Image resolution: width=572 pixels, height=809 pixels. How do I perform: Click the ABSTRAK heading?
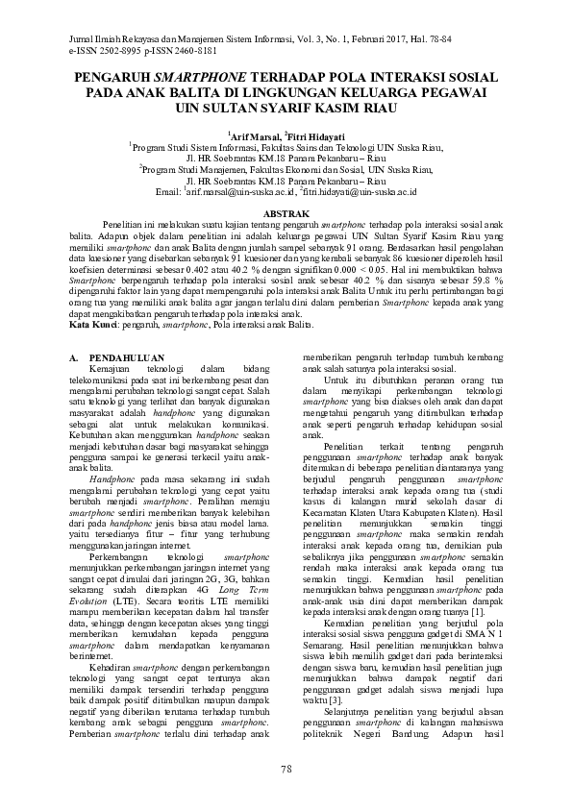tap(286, 210)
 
